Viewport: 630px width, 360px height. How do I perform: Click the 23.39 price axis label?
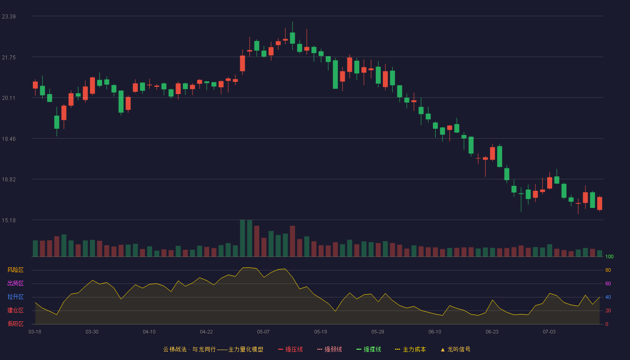(9, 17)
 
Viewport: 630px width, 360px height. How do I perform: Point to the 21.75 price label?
(9, 58)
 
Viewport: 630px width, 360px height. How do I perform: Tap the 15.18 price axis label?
(9, 220)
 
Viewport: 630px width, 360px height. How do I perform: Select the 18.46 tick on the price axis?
(9, 139)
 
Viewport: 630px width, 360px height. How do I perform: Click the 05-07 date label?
(263, 332)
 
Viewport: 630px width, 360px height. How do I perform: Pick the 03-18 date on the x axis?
(35, 332)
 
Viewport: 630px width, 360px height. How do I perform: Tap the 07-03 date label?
(549, 332)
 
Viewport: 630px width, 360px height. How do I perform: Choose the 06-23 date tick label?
(492, 332)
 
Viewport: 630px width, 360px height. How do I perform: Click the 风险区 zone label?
(15, 270)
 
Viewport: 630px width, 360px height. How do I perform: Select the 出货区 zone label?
(15, 283)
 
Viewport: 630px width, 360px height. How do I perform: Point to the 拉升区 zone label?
(15, 297)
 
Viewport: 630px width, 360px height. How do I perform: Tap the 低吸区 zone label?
(15, 324)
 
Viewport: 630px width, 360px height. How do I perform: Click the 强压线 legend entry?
(290, 349)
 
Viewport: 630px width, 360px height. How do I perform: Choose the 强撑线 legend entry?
(369, 349)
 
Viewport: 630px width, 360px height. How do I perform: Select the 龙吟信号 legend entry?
(455, 349)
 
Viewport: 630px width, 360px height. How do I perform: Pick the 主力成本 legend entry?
(410, 349)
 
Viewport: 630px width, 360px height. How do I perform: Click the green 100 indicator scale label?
(609, 256)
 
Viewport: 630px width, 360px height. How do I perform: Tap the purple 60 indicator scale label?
(608, 283)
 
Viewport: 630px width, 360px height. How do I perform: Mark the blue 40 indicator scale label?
(608, 297)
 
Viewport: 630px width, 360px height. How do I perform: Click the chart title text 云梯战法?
(175, 349)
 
